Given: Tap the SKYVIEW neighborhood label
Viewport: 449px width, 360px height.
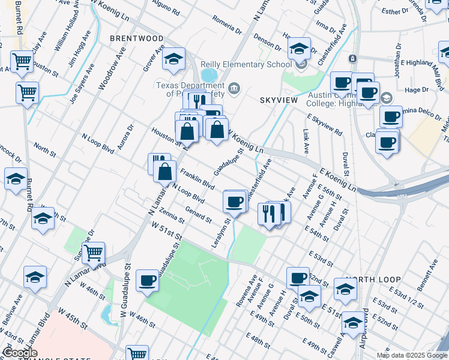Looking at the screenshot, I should [x=279, y=100].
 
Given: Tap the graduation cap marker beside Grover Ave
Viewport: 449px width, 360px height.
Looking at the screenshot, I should [x=173, y=59].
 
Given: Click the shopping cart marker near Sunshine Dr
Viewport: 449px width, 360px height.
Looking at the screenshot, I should [x=93, y=253].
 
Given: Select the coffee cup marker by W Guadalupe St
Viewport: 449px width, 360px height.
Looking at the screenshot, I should [x=147, y=280].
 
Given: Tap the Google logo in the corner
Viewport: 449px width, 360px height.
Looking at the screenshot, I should [x=20, y=353].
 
